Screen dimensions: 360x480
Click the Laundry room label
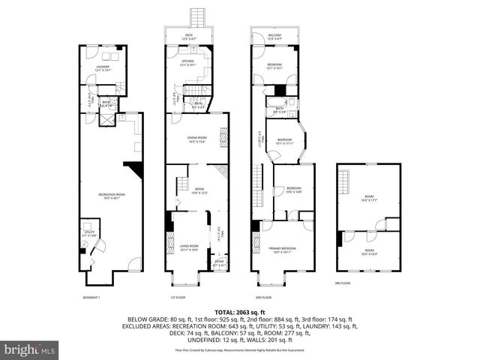point(103,67)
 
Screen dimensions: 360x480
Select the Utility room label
point(88,233)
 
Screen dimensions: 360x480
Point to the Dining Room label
point(198,138)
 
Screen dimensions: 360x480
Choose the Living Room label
point(188,246)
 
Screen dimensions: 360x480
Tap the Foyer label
point(219,262)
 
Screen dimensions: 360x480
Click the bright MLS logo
point(30,349)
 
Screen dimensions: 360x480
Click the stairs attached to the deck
point(198,18)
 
